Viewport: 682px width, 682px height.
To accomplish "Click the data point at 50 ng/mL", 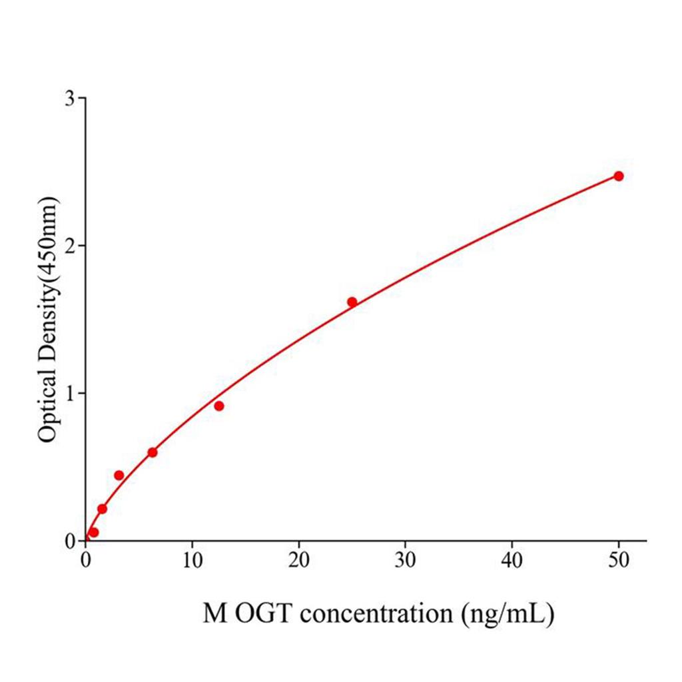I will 618,176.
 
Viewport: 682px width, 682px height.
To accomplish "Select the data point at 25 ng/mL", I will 352,302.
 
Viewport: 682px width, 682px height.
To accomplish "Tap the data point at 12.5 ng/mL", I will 218,406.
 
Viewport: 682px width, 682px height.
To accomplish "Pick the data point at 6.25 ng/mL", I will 152,452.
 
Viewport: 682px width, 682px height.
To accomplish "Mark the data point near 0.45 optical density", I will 119,475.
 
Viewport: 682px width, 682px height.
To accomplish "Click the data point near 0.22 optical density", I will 102,509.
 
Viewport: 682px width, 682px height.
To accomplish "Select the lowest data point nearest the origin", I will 94,532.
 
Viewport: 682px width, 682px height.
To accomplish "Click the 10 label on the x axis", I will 192,560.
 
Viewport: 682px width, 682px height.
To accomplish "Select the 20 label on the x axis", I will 298,560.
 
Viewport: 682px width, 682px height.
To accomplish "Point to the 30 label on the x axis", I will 405,560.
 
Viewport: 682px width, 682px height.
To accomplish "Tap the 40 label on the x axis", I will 511,560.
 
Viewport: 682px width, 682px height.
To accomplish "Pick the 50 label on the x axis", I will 618,560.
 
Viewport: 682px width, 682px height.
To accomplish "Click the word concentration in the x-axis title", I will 376,614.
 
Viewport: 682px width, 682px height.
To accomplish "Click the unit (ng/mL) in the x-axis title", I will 507,614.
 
